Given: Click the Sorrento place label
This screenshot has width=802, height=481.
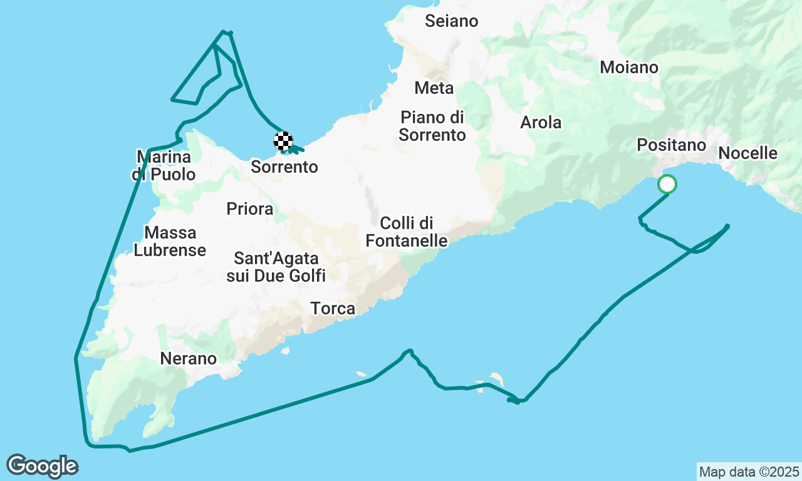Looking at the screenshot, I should [x=284, y=167].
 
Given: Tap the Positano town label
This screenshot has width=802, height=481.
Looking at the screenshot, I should [x=671, y=145].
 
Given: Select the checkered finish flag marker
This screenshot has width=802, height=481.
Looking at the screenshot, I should [x=283, y=141].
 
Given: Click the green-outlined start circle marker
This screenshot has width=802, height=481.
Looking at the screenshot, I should [x=667, y=184].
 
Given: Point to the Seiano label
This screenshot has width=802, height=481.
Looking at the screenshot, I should [x=451, y=21].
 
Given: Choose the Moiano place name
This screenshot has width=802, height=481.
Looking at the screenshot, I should [x=629, y=67].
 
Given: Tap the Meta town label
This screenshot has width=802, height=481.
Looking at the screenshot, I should [x=434, y=88].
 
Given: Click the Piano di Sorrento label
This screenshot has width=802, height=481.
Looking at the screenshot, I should [x=432, y=125].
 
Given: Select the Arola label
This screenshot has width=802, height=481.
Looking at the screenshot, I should [x=541, y=123].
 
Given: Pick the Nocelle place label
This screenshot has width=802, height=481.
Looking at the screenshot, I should [x=747, y=153].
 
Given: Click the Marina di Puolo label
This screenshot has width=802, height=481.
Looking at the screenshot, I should [x=164, y=165].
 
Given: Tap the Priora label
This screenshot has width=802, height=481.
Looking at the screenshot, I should [x=249, y=209].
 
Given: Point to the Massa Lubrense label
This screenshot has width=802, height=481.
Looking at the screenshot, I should [x=170, y=241].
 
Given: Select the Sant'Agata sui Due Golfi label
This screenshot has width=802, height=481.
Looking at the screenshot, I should [x=276, y=266].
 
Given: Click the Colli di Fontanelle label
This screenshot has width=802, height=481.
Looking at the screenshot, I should [x=407, y=231].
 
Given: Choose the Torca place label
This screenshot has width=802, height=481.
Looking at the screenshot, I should [x=333, y=308].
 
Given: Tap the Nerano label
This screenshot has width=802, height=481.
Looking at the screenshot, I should [x=188, y=358].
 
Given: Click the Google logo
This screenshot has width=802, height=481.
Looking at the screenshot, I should [x=42, y=466].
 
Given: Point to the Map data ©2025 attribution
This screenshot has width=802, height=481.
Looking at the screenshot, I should [x=749, y=471].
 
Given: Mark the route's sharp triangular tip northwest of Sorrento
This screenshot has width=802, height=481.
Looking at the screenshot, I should [x=172, y=99].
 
